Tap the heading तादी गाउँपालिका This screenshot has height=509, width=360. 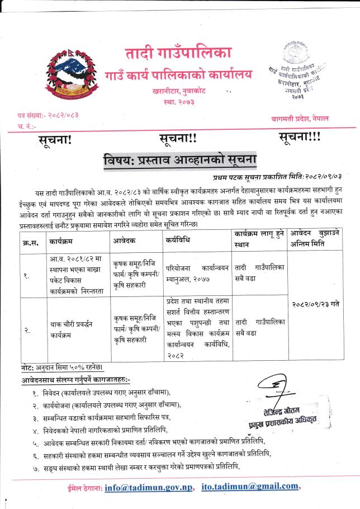177,54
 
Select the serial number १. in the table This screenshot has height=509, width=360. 27,276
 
